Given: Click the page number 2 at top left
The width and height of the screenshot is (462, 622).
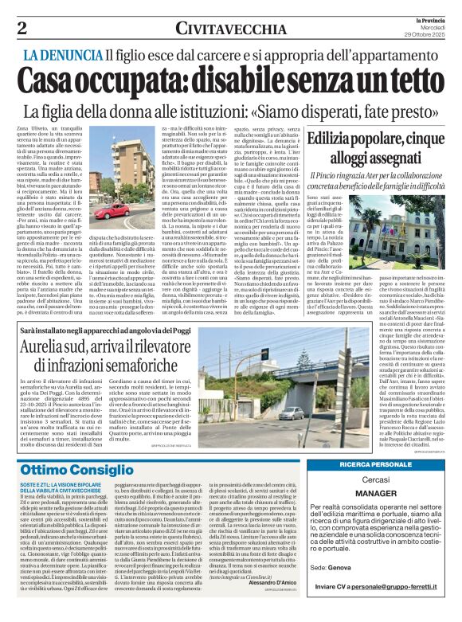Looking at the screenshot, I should click(x=22, y=28).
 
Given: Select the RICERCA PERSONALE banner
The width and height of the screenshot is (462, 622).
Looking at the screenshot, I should click(x=394, y=464).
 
